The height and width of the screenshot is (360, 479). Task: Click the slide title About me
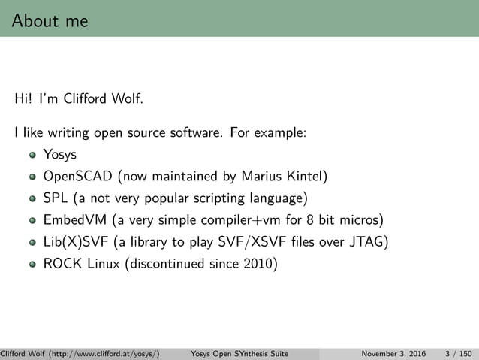(50, 20)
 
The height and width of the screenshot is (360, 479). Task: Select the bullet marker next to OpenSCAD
(32, 178)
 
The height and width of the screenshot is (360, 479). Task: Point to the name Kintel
(305, 177)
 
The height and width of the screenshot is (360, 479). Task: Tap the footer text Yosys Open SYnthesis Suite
(240, 353)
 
